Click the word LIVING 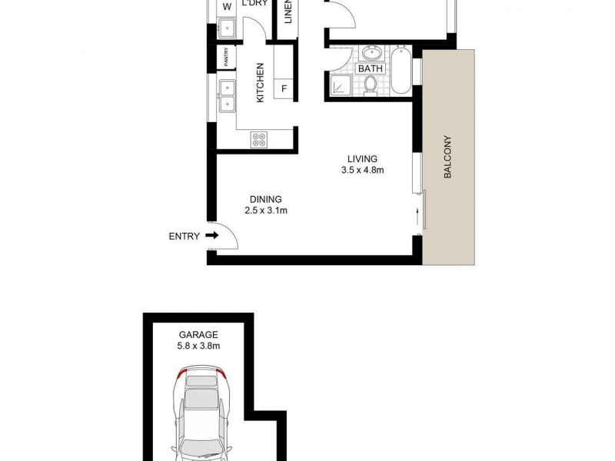point(361,158)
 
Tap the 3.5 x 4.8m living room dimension point(361,171)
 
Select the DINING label point(265,197)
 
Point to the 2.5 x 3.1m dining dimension point(265,210)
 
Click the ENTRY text point(184,237)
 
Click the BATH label point(372,69)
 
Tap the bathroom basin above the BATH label point(372,53)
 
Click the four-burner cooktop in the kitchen point(259,139)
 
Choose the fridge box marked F point(284,88)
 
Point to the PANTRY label point(226,56)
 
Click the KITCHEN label point(260,83)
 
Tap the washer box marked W point(227,8)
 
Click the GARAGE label point(199,334)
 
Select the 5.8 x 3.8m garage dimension point(199,347)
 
